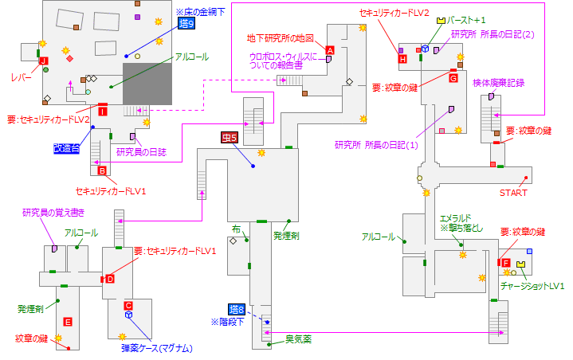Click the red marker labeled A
329,49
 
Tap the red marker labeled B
102,170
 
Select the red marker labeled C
128,305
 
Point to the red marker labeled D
110,278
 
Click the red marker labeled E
68,322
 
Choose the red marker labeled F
504,263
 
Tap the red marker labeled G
453,78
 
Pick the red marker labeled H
402,59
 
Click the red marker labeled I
102,111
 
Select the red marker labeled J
43,60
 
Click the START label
513,192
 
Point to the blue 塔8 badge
235,309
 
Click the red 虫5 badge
230,138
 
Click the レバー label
21,77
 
